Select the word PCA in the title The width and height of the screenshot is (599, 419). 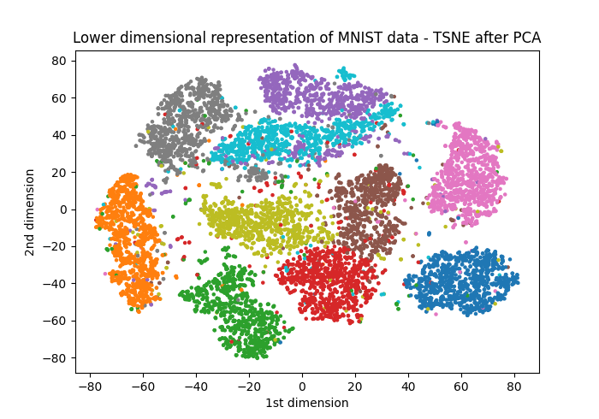pyautogui.click(x=525, y=38)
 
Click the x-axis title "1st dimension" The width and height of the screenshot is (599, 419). pyautogui.click(x=307, y=403)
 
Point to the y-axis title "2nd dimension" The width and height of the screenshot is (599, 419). pyautogui.click(x=31, y=212)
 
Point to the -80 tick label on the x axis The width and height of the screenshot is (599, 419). pyautogui.click(x=89, y=386)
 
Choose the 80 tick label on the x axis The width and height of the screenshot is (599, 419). pyautogui.click(x=514, y=386)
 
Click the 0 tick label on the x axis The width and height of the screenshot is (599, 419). pyautogui.click(x=302, y=386)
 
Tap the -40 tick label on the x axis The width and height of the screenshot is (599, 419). pyautogui.click(x=195, y=386)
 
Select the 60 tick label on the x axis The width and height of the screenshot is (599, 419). pyautogui.click(x=461, y=386)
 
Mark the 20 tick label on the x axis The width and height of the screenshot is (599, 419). pyautogui.click(x=355, y=386)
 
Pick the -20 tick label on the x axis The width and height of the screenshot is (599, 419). pyautogui.click(x=248, y=386)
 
